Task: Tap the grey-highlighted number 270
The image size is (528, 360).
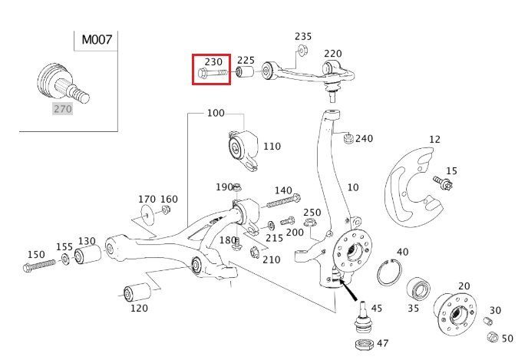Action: [62, 109]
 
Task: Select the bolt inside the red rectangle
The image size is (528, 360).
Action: [213, 73]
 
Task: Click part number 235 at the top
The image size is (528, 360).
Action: [303, 36]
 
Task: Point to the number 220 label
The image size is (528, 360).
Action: [332, 54]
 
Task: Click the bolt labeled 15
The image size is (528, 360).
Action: [442, 182]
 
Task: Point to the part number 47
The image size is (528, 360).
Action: [383, 343]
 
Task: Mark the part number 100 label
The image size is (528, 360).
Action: [216, 114]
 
